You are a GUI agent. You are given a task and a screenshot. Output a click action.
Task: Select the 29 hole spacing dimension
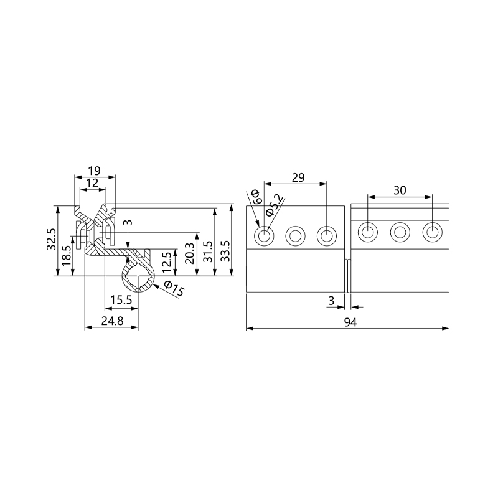pos(298,177)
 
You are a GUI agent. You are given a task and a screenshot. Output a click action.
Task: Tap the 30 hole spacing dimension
pos(400,190)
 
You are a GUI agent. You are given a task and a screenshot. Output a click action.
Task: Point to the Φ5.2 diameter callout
pos(275,205)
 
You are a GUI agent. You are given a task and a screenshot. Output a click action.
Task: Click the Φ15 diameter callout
pos(174,289)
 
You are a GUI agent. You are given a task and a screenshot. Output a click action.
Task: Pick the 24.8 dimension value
pos(111,321)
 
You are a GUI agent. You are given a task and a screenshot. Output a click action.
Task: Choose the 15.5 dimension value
pos(120,300)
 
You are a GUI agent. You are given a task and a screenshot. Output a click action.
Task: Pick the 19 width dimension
pos(94,170)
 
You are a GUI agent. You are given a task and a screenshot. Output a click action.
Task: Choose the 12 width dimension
pos(92,183)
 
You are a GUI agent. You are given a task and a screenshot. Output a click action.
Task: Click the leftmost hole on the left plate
pos(265,235)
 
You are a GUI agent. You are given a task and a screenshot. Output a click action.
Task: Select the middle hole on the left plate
pos(294,235)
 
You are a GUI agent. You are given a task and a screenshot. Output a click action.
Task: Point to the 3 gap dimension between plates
pos(332,300)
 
